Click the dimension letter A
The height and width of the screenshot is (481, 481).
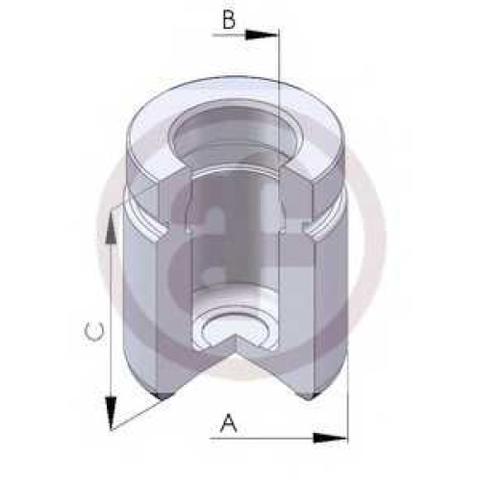229,423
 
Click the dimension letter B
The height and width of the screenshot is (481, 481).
229,20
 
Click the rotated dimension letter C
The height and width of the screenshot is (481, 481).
93,331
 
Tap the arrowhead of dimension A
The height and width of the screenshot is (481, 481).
330,438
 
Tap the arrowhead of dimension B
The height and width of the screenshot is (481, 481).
263,35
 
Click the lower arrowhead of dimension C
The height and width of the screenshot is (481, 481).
111,413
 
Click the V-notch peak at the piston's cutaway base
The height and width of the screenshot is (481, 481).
237,334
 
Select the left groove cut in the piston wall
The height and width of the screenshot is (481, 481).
147,221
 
